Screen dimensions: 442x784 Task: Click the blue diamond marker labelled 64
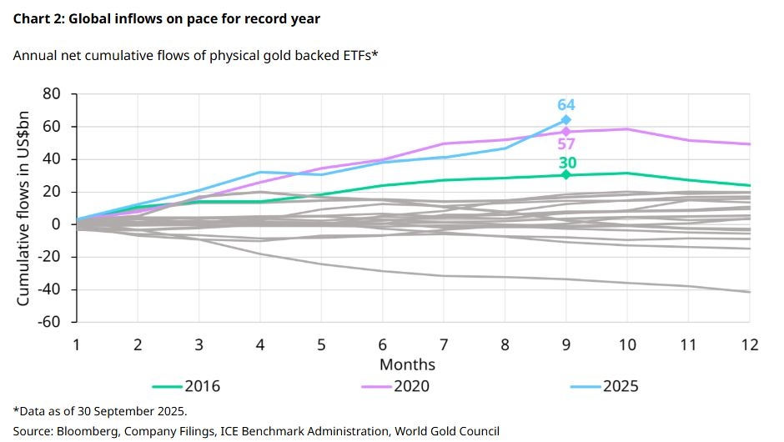pyautogui.click(x=566, y=120)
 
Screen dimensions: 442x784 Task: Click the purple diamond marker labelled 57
pyautogui.click(x=566, y=132)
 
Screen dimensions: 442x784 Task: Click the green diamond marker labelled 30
pyautogui.click(x=566, y=174)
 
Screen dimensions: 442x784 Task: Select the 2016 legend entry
pyautogui.click(x=187, y=386)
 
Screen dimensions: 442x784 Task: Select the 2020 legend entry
pyautogui.click(x=396, y=386)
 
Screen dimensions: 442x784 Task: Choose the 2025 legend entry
pyautogui.click(x=605, y=386)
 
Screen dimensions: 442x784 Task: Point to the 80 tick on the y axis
pyautogui.click(x=51, y=94)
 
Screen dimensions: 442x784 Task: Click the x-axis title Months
pyautogui.click(x=407, y=364)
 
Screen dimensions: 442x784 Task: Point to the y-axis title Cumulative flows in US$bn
pyautogui.click(x=24, y=208)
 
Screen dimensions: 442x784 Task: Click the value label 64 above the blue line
pyautogui.click(x=566, y=105)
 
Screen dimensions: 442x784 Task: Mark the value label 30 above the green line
pyautogui.click(x=566, y=162)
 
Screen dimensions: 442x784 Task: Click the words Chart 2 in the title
pyautogui.click(x=39, y=18)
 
